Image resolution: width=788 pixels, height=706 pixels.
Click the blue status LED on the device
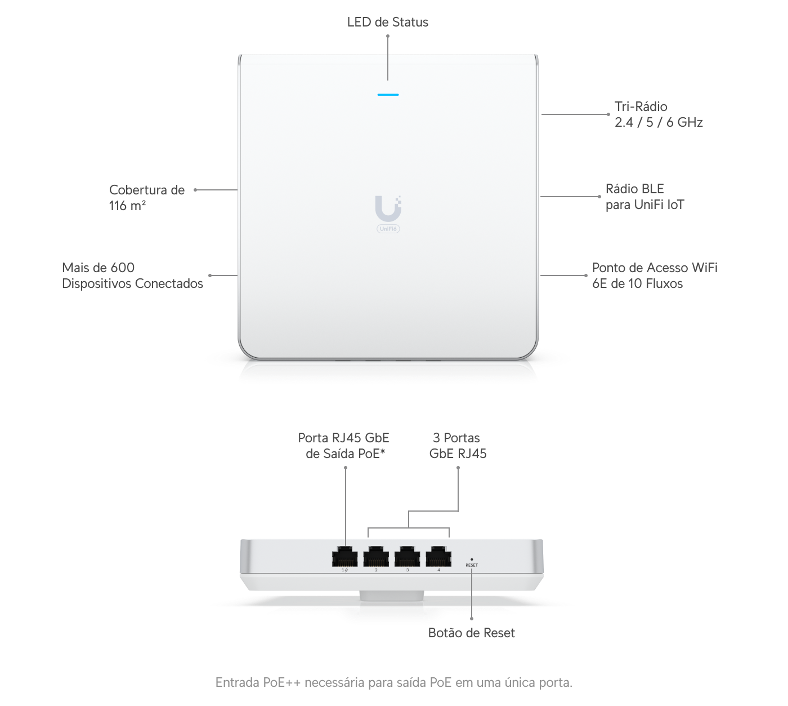[x=388, y=95]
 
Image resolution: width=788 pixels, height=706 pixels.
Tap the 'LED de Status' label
[x=387, y=23]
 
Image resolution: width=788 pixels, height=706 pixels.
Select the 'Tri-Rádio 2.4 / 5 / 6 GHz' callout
[x=659, y=114]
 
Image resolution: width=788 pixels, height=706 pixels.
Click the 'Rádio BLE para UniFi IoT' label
[x=644, y=197]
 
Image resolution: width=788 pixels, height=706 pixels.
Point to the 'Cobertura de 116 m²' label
[x=146, y=198]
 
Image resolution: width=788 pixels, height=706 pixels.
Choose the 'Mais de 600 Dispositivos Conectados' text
[x=132, y=276]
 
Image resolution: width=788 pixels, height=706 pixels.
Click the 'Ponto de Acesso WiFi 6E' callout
[x=654, y=276]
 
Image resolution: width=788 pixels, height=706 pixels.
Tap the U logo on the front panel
[x=388, y=208]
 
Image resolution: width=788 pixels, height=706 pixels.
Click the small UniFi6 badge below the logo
[x=388, y=229]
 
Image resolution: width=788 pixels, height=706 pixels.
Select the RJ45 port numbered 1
[x=344, y=556]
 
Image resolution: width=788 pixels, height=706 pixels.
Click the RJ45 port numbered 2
[x=376, y=556]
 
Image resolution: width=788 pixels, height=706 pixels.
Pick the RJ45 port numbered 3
[x=407, y=556]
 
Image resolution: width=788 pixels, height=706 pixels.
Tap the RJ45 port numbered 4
[x=438, y=556]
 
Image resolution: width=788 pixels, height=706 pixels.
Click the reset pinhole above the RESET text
[x=472, y=560]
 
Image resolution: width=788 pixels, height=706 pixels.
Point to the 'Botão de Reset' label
[x=472, y=633]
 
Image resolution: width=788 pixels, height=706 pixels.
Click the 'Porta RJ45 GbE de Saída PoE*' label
[x=343, y=446]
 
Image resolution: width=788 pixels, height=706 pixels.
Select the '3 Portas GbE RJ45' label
[x=458, y=446]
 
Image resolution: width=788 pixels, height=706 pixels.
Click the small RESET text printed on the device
[x=472, y=565]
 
